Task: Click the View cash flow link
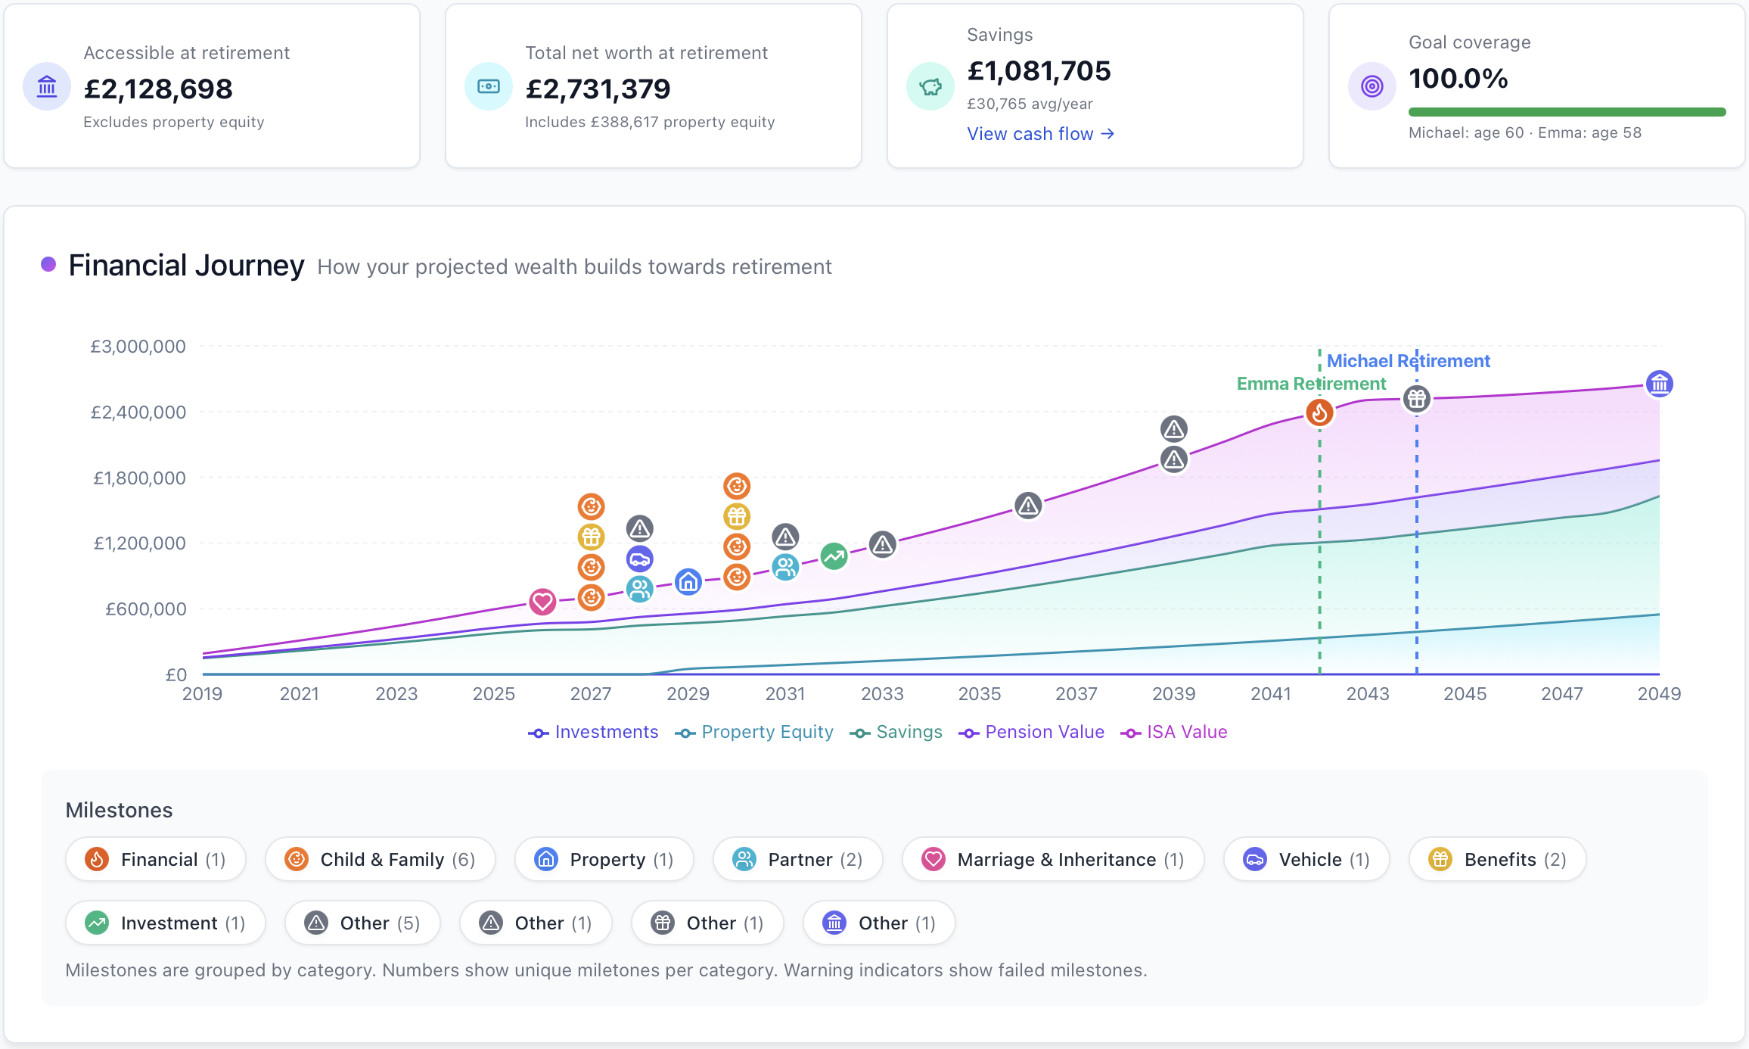click(1040, 134)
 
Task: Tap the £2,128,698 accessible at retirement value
click(158, 89)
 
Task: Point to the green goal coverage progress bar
click(1567, 112)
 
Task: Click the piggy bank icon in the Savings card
click(930, 86)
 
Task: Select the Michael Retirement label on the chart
click(1409, 361)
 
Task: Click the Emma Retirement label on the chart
click(1312, 384)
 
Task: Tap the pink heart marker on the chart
click(542, 602)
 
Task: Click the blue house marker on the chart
click(688, 582)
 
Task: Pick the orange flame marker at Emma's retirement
click(1319, 412)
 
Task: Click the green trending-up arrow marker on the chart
click(834, 557)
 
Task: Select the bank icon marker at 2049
click(1660, 384)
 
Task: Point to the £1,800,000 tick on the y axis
click(139, 478)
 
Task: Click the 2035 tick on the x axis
click(980, 693)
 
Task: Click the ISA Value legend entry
click(1174, 732)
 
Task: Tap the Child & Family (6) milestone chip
click(381, 859)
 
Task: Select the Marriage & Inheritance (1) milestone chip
click(1053, 859)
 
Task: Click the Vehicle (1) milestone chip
click(1306, 859)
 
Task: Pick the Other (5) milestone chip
click(362, 923)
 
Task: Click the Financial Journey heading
click(186, 266)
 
